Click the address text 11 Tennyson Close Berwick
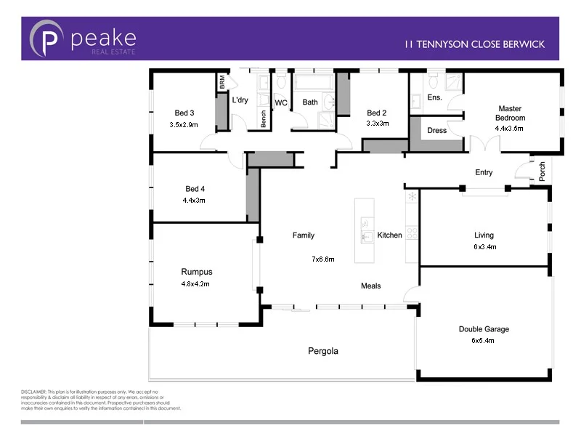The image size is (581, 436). tap(474, 44)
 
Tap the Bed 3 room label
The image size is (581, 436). tap(184, 113)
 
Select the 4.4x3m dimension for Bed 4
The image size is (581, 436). tap(195, 200)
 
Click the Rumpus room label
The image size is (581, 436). tap(196, 272)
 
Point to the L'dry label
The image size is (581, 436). tap(240, 100)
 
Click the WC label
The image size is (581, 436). tap(281, 102)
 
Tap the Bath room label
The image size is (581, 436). tap(310, 102)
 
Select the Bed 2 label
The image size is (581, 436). tap(377, 113)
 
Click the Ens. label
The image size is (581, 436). tap(434, 97)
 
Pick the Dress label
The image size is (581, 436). tap(436, 131)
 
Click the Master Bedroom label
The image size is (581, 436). tap(509, 113)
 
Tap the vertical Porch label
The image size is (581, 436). tap(542, 171)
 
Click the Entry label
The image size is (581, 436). tap(484, 172)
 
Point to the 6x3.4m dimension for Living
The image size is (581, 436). tap(484, 247)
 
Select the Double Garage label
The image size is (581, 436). tap(484, 329)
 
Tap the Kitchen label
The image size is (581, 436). tap(389, 235)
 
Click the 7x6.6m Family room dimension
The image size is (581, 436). tap(322, 259)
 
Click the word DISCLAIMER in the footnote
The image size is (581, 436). tap(34, 392)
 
